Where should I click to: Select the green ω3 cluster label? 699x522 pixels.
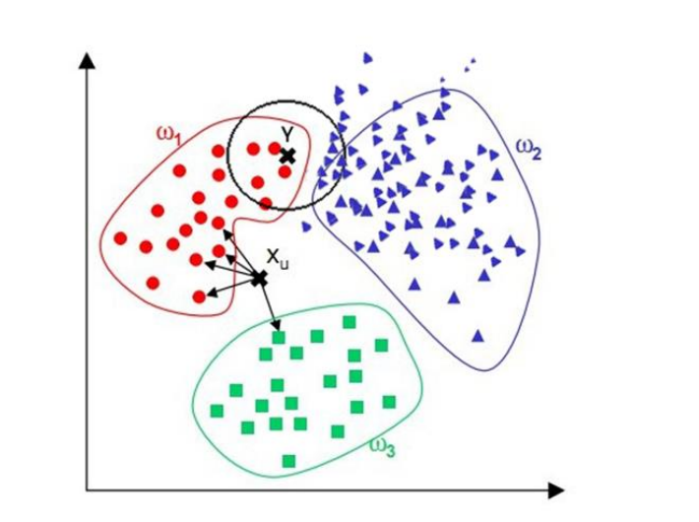[x=382, y=447]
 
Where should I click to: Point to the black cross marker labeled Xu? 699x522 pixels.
[x=259, y=279]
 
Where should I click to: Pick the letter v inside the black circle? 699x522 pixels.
[x=285, y=131]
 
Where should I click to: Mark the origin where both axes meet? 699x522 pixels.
[x=89, y=489]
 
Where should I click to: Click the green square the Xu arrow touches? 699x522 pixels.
[x=280, y=338]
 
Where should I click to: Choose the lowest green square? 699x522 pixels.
[x=288, y=460]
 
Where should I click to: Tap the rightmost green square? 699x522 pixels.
[x=389, y=401]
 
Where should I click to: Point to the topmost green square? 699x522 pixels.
[x=349, y=322]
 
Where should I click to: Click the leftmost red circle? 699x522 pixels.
[x=120, y=237]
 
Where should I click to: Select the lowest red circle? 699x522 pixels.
[x=199, y=295]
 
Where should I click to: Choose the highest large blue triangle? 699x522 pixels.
[x=367, y=58]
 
